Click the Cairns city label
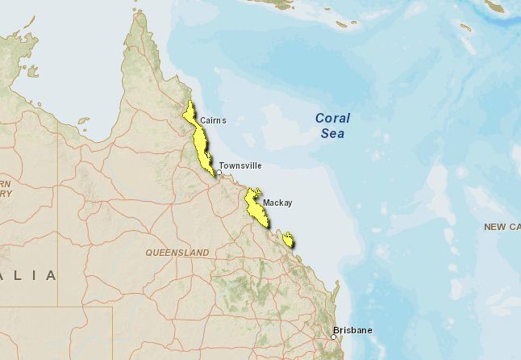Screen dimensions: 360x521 point(213,120)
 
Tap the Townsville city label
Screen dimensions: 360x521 point(240,165)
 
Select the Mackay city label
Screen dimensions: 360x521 point(277,203)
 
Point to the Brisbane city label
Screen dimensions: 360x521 point(353,330)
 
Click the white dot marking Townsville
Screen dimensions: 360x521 point(219,172)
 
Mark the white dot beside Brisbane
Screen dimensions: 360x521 point(333,336)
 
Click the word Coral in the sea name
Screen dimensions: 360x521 point(332,118)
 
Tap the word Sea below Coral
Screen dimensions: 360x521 point(331,133)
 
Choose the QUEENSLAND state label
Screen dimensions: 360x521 point(177,253)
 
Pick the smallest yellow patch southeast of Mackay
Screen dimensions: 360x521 point(288,240)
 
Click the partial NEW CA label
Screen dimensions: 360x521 point(502,227)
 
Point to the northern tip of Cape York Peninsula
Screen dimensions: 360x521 point(138,13)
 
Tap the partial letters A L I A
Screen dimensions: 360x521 point(29,275)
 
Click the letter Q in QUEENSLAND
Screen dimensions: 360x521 point(149,253)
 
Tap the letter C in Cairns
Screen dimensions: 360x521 point(202,120)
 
